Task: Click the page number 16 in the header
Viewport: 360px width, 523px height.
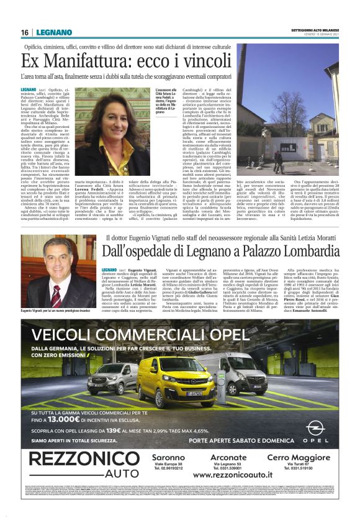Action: [25, 32]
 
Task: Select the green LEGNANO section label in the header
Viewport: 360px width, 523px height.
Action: [50, 32]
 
